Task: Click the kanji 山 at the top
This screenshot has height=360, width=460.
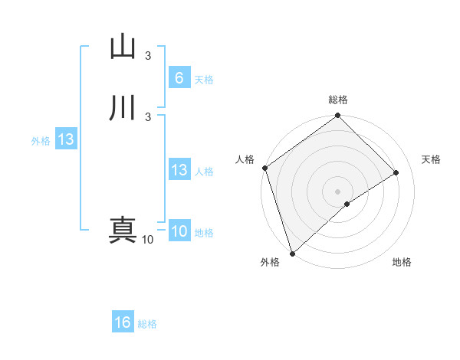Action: point(123,47)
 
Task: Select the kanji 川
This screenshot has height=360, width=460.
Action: point(123,108)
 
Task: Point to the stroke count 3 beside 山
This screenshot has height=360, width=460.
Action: point(148,56)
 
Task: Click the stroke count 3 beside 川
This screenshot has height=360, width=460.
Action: point(148,116)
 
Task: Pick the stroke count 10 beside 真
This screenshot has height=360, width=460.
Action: point(147,240)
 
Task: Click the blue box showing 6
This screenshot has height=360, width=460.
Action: point(179,77)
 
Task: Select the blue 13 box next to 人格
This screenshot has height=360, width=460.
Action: point(179,170)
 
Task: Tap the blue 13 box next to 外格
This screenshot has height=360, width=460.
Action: point(65,139)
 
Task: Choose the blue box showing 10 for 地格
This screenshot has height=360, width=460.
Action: point(179,231)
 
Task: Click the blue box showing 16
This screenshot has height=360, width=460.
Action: point(123,322)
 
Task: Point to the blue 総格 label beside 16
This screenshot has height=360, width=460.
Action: point(147,324)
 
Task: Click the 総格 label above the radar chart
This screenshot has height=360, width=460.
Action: point(338,100)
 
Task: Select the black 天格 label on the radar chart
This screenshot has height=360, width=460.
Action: point(431,159)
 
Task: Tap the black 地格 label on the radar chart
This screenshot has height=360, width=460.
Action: point(402,262)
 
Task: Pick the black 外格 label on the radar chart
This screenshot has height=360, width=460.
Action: point(270,262)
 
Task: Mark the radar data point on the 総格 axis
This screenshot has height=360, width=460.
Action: point(338,116)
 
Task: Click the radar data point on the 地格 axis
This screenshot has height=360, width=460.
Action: point(347,204)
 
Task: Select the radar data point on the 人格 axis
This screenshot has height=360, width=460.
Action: point(264,168)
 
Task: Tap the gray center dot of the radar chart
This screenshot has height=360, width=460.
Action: point(337,191)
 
